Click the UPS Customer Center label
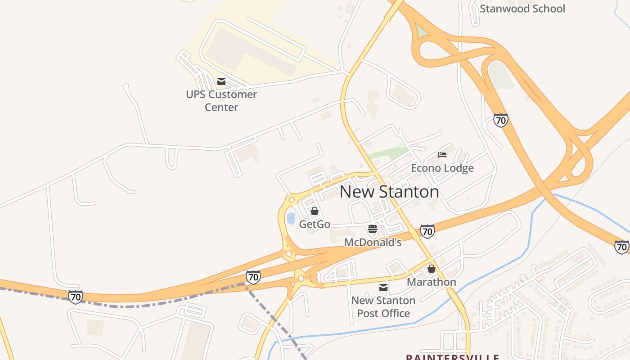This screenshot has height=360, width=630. pos(221,101)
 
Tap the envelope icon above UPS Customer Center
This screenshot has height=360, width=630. pos(221,81)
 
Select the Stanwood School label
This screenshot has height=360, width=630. pos(522,9)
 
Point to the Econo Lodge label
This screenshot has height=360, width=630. pos(442,168)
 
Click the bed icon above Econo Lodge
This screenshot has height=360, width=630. pos(442,155)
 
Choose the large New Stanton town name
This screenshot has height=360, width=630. pos(389,192)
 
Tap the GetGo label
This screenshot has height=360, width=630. pos(315,224)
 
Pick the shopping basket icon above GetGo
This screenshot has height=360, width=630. pos(315,211)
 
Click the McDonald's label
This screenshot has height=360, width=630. pos(373,243)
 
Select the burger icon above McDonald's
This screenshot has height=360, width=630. pos(372,229)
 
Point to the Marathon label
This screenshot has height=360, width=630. pos(431,282)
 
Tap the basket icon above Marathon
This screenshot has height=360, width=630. pos(432,269)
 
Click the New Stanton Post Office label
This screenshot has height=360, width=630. pos(383,307)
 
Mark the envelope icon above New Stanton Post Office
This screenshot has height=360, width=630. pos(383,287)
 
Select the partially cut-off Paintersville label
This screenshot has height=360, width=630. pos(452,357)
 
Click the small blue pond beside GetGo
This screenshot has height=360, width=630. pos(291,219)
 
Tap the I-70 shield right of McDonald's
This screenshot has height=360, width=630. pos(427,231)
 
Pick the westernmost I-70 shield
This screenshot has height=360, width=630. pos(76,297)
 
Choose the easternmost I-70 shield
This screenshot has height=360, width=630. pos(622,247)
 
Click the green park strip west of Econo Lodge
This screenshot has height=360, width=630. pos(387,153)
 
